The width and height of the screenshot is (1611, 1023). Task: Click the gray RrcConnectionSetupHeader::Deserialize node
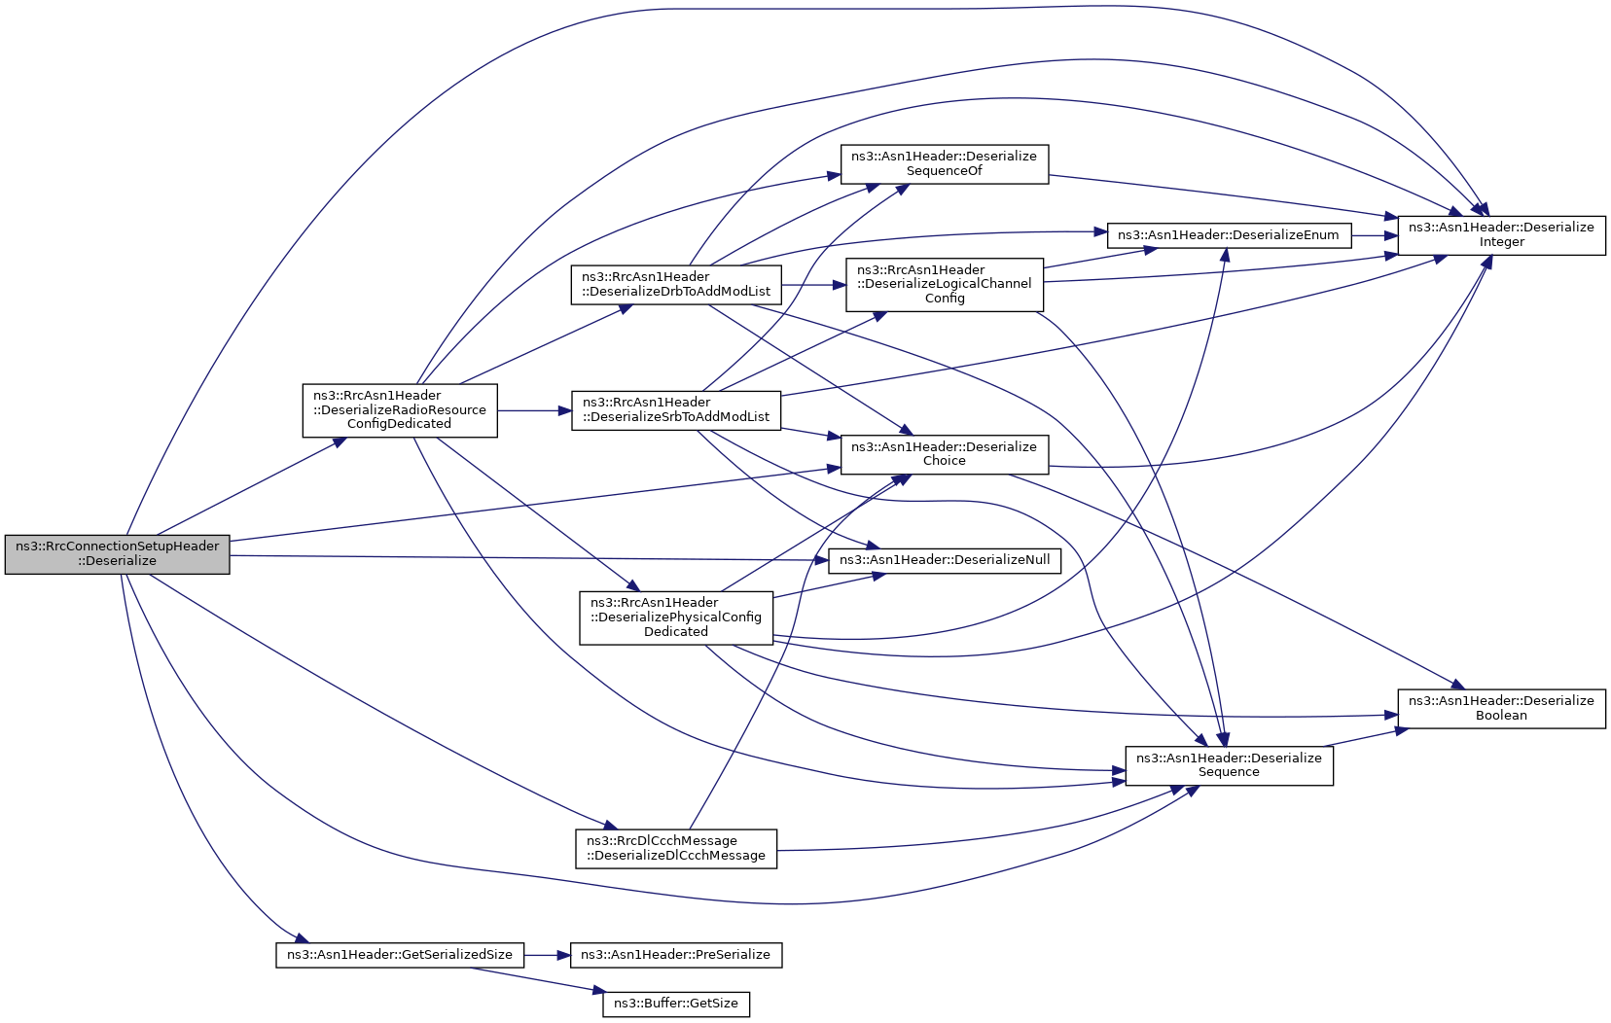(x=117, y=554)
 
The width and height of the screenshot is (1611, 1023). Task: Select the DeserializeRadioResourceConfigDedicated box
(x=399, y=410)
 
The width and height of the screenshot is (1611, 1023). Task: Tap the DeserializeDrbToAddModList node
(x=676, y=285)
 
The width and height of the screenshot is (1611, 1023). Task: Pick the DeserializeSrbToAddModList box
(x=676, y=410)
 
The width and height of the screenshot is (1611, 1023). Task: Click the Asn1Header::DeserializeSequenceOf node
(x=944, y=164)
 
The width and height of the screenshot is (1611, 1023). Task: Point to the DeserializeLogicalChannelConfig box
(x=944, y=285)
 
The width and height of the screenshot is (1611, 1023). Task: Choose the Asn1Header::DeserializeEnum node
(x=1228, y=235)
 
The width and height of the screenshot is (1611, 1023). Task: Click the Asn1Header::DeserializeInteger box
(x=1501, y=235)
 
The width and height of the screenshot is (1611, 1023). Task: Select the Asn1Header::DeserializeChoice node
(x=944, y=454)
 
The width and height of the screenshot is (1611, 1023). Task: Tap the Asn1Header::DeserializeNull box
(x=944, y=561)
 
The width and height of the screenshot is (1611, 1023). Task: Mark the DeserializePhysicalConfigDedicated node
(x=676, y=617)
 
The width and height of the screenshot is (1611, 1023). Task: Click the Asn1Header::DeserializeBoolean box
(x=1501, y=708)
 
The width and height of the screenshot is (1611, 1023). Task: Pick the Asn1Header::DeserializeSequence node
(x=1229, y=765)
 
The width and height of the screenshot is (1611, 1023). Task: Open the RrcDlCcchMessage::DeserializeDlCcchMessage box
(x=676, y=849)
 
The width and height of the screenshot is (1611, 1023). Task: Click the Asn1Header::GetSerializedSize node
(x=399, y=955)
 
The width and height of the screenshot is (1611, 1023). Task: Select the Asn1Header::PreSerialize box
(x=675, y=955)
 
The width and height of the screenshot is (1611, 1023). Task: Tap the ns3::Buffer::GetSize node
(x=676, y=1004)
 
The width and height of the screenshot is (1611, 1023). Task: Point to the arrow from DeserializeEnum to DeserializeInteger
(x=1374, y=235)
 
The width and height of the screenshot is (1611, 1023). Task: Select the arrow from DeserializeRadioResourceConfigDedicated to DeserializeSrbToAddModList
(x=534, y=410)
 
